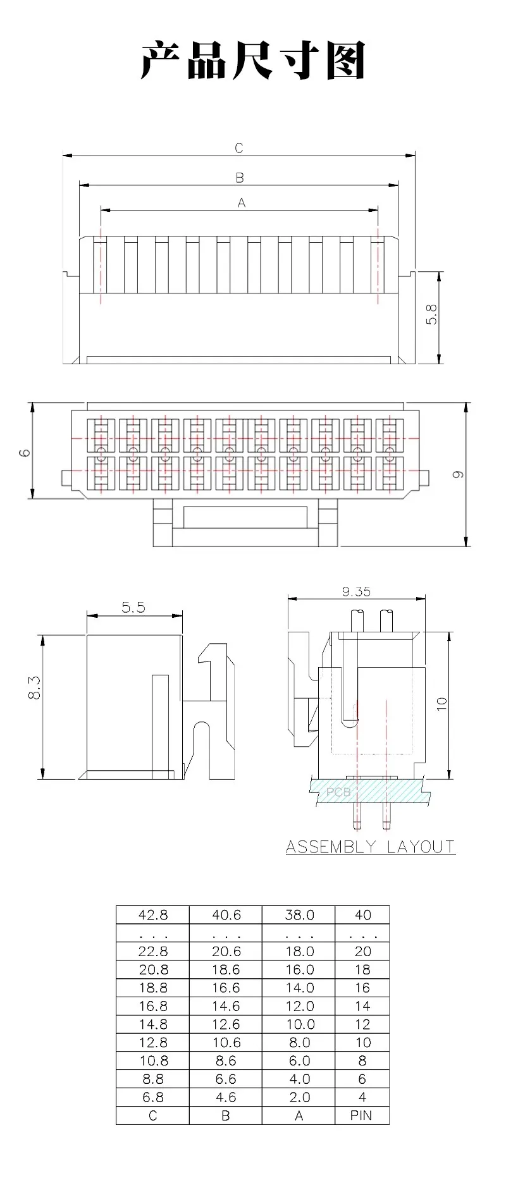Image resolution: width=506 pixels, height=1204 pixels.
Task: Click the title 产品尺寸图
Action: point(253,61)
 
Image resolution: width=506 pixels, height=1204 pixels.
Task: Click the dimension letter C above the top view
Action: point(239,148)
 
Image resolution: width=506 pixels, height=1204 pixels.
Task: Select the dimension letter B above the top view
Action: point(240,178)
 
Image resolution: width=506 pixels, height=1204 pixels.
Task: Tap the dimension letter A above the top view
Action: point(241,203)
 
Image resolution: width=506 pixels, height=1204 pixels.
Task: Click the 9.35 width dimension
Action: point(356,592)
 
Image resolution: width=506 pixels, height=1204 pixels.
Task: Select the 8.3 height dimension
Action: point(35,687)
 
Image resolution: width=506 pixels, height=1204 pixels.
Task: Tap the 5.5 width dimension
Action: point(133,607)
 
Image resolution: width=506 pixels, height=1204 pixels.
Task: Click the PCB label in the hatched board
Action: point(338,792)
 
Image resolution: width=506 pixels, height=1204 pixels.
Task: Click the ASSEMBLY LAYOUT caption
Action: point(370,847)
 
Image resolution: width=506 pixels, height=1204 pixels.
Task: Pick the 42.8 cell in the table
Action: point(153,914)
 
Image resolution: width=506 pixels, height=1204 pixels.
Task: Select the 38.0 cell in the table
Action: point(299,914)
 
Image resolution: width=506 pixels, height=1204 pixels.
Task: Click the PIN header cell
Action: point(361,1115)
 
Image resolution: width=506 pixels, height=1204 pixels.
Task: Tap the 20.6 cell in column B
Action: point(226,951)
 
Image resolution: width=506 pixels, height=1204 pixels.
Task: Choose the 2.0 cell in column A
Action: point(299,1097)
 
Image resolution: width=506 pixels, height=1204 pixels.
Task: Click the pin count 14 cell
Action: point(362,1006)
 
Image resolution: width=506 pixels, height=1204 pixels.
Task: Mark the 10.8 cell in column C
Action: point(153,1060)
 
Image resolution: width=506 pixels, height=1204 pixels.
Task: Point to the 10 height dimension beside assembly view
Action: point(441,703)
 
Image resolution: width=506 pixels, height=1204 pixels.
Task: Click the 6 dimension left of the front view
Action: point(24,453)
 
